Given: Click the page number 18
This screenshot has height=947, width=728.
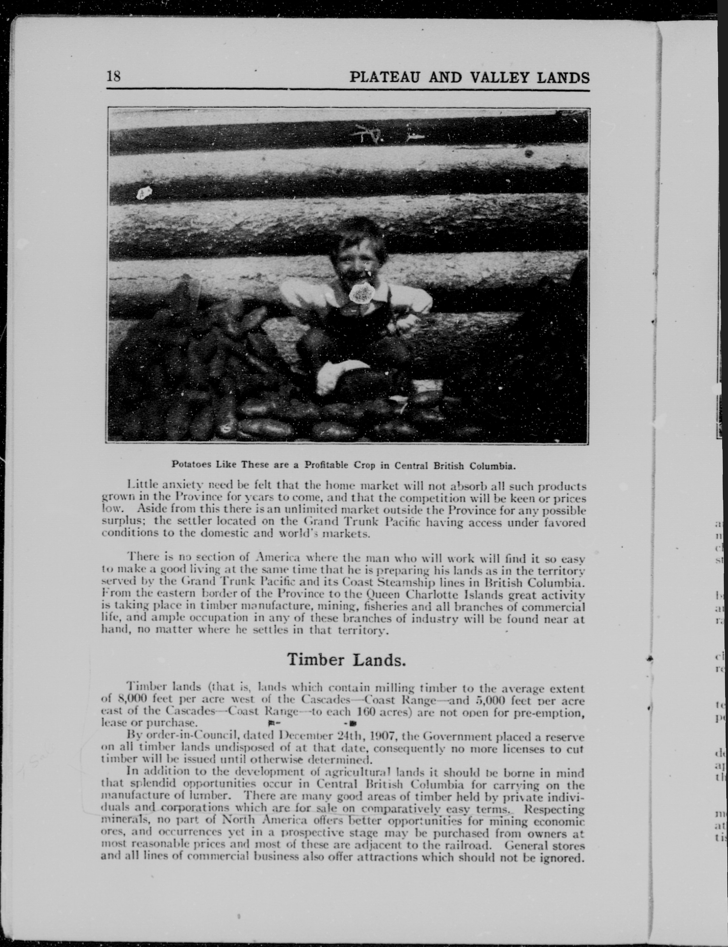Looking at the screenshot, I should coord(113,77).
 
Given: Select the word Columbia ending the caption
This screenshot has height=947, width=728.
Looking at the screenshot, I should coord(495,466).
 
